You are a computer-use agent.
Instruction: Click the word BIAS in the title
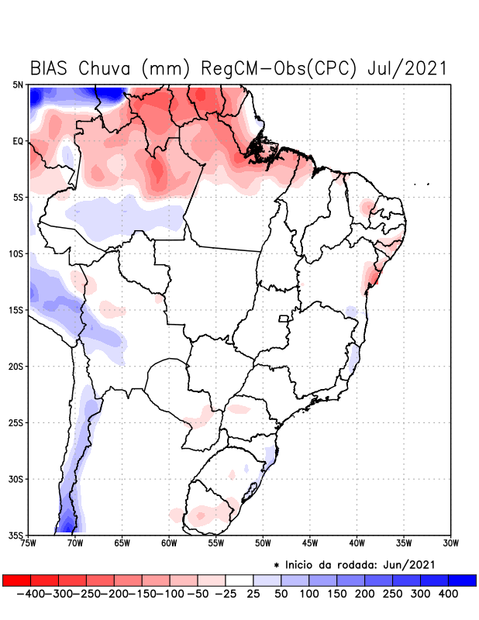pos(51,68)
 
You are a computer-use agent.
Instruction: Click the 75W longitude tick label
pos(28,543)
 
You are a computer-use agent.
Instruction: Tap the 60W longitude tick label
pos(169,543)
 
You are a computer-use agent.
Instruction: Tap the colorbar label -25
pos(226,594)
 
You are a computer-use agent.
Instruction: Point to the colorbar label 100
pos(309,594)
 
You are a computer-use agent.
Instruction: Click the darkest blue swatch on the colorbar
pos(462,580)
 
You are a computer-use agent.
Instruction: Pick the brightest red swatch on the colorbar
pos(16,580)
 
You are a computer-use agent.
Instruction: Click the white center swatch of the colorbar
pos(239,580)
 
